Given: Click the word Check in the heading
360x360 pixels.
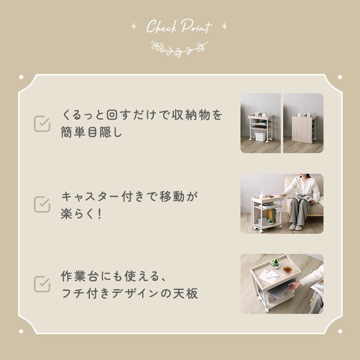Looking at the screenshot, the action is pos(161,26).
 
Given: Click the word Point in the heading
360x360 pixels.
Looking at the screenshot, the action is pos(196,26).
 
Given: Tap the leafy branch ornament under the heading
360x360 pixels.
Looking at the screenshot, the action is pos(180,49).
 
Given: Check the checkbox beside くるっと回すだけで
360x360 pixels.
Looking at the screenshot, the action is pos(42,124).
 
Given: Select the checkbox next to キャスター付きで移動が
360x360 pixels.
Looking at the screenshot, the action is pos(42,204).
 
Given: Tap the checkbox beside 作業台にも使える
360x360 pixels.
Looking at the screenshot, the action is pos(42,284).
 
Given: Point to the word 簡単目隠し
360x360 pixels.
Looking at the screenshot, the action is pos(91,132).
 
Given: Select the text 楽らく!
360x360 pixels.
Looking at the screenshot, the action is pos(81,214).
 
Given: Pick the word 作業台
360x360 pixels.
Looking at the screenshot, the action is pos(80,276).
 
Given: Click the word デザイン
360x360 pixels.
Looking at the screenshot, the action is pos(135,294).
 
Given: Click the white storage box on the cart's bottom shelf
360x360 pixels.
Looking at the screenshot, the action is pos(260,136).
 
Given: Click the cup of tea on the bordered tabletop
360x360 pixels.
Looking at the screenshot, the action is pos(288,269).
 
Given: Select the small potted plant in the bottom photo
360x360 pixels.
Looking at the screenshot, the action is pos(275,263).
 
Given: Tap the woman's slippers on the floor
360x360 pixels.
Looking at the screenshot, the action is pos(296,227).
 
